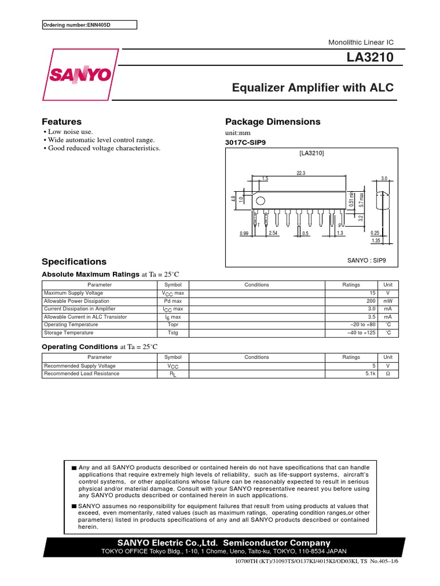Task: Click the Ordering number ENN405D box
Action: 90,25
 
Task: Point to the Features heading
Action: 62,122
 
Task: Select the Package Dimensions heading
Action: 273,122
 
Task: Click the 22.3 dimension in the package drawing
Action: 301,172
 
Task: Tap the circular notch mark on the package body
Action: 260,201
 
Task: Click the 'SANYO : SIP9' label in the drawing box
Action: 367,260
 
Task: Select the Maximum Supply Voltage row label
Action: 73,293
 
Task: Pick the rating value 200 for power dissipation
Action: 371,301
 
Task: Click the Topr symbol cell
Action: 172,324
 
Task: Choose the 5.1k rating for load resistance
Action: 370,374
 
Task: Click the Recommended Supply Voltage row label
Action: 80,366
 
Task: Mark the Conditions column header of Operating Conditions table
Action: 256,357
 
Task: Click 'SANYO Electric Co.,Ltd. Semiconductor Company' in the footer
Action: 223,543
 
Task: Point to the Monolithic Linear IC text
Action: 360,43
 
